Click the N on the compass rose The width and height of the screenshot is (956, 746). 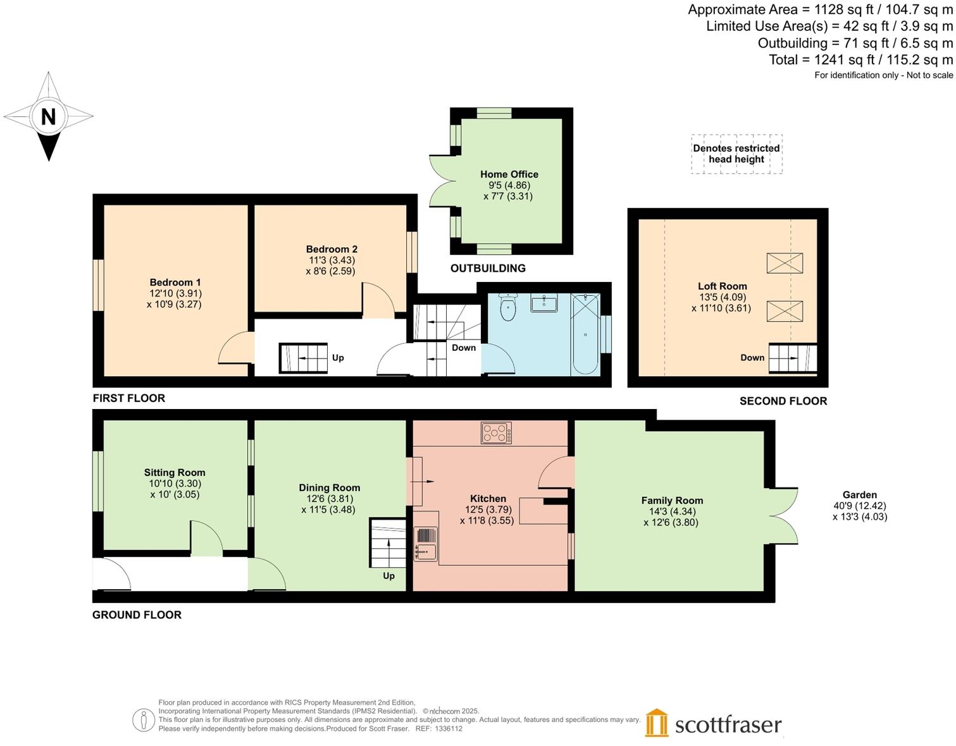pyautogui.click(x=48, y=116)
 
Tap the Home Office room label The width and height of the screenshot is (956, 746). pyautogui.click(x=509, y=174)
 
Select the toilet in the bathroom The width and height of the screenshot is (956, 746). pyautogui.click(x=508, y=308)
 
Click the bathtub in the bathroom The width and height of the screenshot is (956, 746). pyautogui.click(x=585, y=334)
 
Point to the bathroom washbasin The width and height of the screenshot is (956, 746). pyautogui.click(x=544, y=303)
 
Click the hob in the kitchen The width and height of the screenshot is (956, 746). pyautogui.click(x=496, y=433)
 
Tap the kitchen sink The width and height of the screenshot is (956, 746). pyautogui.click(x=425, y=544)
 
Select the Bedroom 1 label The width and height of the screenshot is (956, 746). pyautogui.click(x=175, y=283)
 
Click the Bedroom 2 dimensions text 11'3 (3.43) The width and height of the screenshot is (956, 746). pyautogui.click(x=332, y=260)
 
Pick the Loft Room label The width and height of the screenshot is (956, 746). pyautogui.click(x=722, y=286)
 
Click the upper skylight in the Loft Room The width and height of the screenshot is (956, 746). pyautogui.click(x=785, y=263)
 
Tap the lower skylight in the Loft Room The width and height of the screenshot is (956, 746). pyautogui.click(x=785, y=311)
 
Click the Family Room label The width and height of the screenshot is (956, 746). pyautogui.click(x=672, y=501)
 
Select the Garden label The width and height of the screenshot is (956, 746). pyautogui.click(x=859, y=495)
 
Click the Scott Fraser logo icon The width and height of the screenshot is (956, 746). pyautogui.click(x=657, y=723)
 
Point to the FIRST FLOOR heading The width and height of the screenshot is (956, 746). pyautogui.click(x=129, y=398)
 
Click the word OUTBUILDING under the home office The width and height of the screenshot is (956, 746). pyautogui.click(x=488, y=269)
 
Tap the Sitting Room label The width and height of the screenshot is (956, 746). pyautogui.click(x=175, y=473)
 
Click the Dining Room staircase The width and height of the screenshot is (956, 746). pyautogui.click(x=388, y=544)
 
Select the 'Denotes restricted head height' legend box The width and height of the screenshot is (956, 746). pyautogui.click(x=736, y=154)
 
